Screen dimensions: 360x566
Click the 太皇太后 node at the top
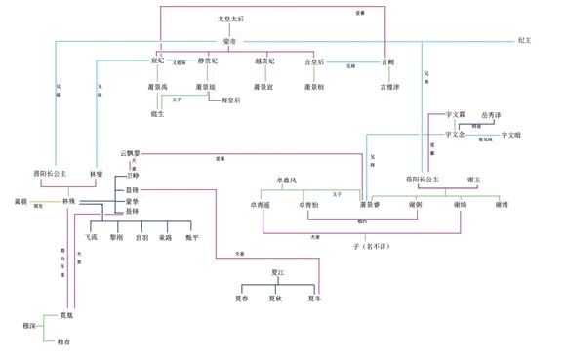[232, 20]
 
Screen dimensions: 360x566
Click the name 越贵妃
[264, 61]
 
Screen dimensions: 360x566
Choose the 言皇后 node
[314, 61]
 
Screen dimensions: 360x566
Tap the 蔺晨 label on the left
[18, 200]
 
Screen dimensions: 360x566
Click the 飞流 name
[92, 236]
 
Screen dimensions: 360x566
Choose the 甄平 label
[190, 236]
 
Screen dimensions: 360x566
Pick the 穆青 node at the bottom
[63, 341]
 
